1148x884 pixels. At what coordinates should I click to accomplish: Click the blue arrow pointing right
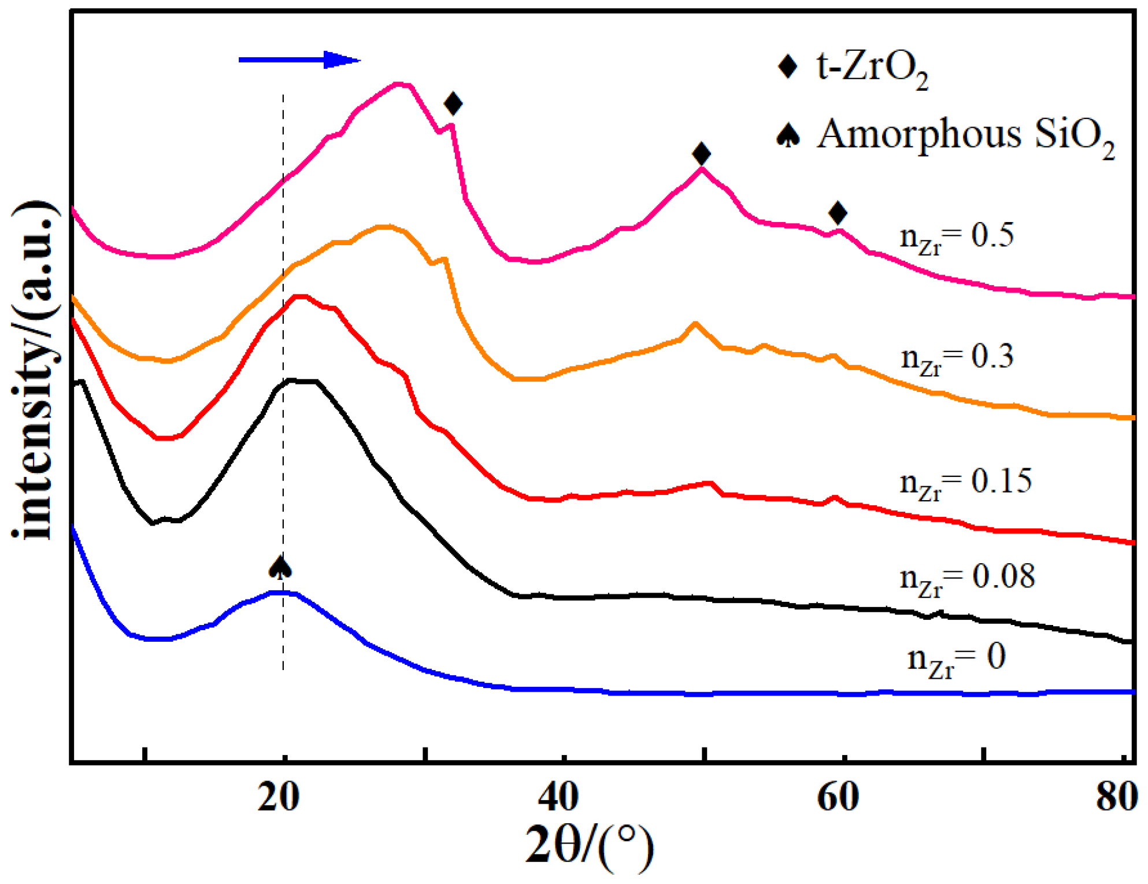tap(299, 60)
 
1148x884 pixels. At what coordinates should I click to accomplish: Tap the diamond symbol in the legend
tap(787, 66)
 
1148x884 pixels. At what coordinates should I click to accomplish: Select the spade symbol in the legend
tap(788, 135)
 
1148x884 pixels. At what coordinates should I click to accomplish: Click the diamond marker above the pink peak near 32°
tap(453, 103)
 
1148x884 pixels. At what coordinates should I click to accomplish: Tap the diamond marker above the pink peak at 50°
tap(701, 153)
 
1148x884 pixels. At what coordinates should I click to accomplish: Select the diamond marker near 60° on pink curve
tap(838, 213)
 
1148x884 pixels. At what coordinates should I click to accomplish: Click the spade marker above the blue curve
tap(280, 567)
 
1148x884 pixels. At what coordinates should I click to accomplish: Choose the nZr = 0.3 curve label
tap(957, 358)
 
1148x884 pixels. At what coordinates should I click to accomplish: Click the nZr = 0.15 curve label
tap(965, 483)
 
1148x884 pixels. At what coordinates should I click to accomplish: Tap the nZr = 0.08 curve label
tap(966, 579)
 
